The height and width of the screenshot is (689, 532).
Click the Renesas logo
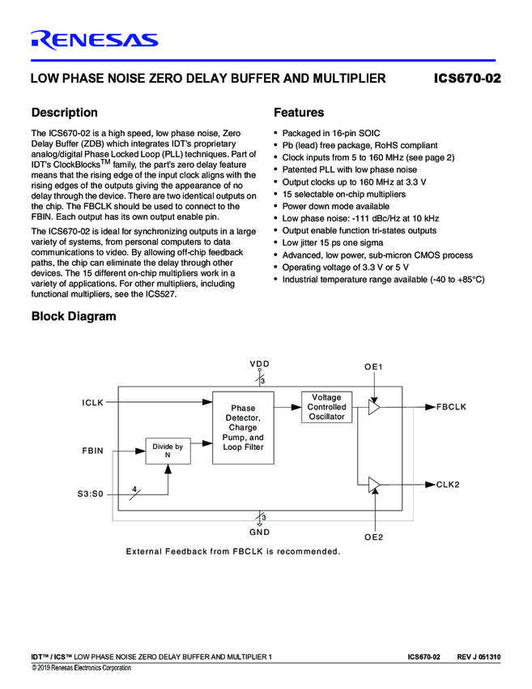click(x=94, y=39)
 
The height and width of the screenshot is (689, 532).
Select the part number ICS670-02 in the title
click(x=467, y=79)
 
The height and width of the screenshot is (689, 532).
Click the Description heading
click(x=64, y=113)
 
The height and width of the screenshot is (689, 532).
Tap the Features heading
click(x=299, y=113)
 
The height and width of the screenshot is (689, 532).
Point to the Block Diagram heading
click(x=73, y=316)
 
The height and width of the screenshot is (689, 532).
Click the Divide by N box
click(x=168, y=451)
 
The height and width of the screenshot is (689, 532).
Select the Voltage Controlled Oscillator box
click(x=326, y=407)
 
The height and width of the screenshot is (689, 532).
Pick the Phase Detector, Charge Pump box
click(x=243, y=427)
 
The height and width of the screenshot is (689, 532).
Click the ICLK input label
click(x=92, y=402)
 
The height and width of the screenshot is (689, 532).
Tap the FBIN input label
click(x=92, y=450)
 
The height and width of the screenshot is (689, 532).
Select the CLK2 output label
click(x=448, y=484)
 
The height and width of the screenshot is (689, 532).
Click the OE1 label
click(x=373, y=367)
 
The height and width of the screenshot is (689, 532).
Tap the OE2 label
click(x=373, y=537)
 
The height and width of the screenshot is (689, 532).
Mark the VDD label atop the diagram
click(x=260, y=364)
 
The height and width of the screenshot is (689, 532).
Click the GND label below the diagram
click(x=260, y=532)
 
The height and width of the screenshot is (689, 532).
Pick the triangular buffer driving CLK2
click(x=373, y=484)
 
